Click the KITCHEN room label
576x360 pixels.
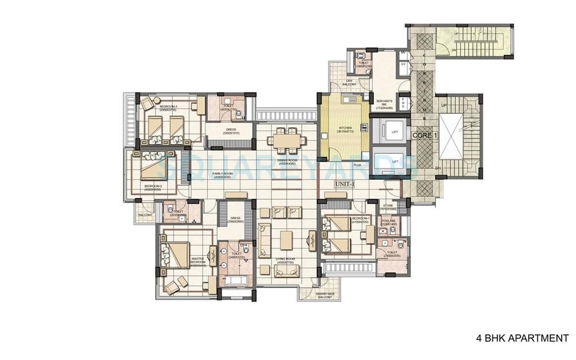[x=346, y=129]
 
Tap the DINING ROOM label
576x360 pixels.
[x=286, y=162]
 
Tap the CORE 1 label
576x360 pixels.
[x=425, y=134]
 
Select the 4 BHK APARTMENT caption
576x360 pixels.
[x=522, y=338]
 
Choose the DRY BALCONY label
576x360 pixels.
[x=349, y=82]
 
